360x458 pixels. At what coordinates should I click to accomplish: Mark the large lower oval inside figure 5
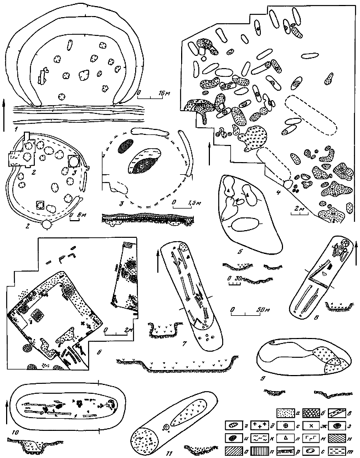click(246, 225)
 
